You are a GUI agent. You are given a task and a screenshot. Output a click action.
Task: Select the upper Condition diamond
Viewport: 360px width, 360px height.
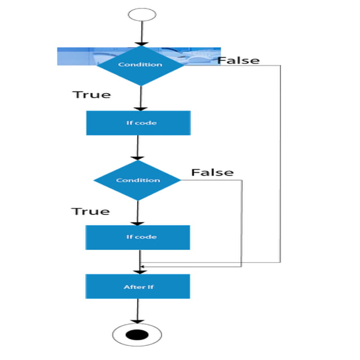tap(140, 64)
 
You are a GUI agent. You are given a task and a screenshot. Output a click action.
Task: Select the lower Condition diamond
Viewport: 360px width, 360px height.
tap(137, 180)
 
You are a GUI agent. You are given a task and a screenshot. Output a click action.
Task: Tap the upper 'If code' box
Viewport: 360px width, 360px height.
tap(138, 123)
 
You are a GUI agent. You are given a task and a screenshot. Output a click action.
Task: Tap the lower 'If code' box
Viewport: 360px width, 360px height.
tap(138, 237)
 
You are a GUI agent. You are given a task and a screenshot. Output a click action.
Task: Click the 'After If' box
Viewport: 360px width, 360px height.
tap(138, 287)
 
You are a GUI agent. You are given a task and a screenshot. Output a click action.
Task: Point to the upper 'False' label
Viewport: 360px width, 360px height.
tap(239, 60)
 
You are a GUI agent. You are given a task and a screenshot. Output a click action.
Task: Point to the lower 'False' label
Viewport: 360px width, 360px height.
tap(212, 172)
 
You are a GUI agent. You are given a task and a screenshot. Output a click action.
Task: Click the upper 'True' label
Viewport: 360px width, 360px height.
tap(91, 94)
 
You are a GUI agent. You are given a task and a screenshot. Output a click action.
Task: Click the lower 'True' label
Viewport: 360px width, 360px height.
tap(90, 211)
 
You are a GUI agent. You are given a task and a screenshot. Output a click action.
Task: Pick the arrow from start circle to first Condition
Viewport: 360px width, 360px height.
tap(140, 34)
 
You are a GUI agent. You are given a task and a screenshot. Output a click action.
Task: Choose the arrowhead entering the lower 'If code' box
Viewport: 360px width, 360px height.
tap(138, 222)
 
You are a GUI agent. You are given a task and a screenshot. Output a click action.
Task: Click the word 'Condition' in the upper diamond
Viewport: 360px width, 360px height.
tap(140, 64)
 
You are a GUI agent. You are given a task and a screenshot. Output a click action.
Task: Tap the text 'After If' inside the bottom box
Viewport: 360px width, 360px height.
tap(138, 287)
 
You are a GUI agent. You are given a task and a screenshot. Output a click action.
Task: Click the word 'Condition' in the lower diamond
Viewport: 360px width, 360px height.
tap(138, 180)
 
